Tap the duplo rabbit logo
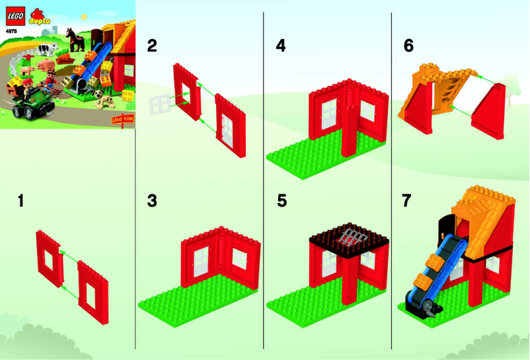pos(37,15)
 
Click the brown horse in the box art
pos(77,42)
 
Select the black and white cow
pos(46,49)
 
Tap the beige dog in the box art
pos(102,99)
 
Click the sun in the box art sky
pos(83,14)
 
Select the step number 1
pos(21,200)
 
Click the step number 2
pos(152,46)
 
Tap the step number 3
pos(152,200)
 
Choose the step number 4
pos(281,46)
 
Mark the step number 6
pos(408,46)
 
